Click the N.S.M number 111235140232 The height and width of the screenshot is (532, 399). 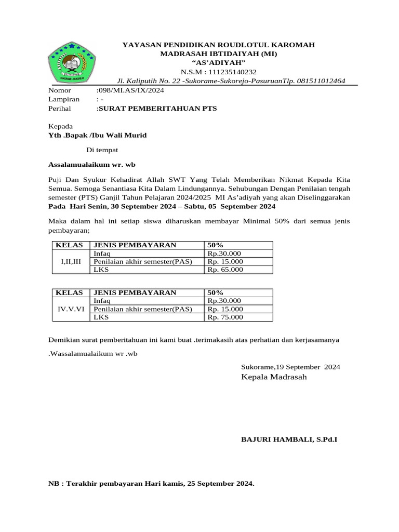pos(229,72)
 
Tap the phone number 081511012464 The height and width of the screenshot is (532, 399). pos(320,81)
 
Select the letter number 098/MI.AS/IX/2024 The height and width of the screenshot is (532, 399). pos(130,90)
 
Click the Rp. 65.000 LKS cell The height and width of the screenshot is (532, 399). pos(225,270)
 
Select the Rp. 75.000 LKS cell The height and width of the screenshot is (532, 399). pos(225,317)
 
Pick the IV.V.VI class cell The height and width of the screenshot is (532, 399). pos(71,309)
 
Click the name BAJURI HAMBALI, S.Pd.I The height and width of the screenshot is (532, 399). pos(289,439)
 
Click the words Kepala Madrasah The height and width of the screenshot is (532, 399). pos(274,377)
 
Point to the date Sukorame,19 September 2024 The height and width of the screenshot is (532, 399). pos(291,367)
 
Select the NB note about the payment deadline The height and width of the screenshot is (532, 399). pos(151,484)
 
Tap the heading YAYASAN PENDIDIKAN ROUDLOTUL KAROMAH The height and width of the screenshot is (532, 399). pos(218,45)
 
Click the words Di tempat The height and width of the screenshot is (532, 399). pos(102,150)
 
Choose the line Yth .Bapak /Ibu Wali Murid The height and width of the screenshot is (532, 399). pos(97,135)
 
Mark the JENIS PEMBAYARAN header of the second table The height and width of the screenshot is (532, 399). pos(135,292)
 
